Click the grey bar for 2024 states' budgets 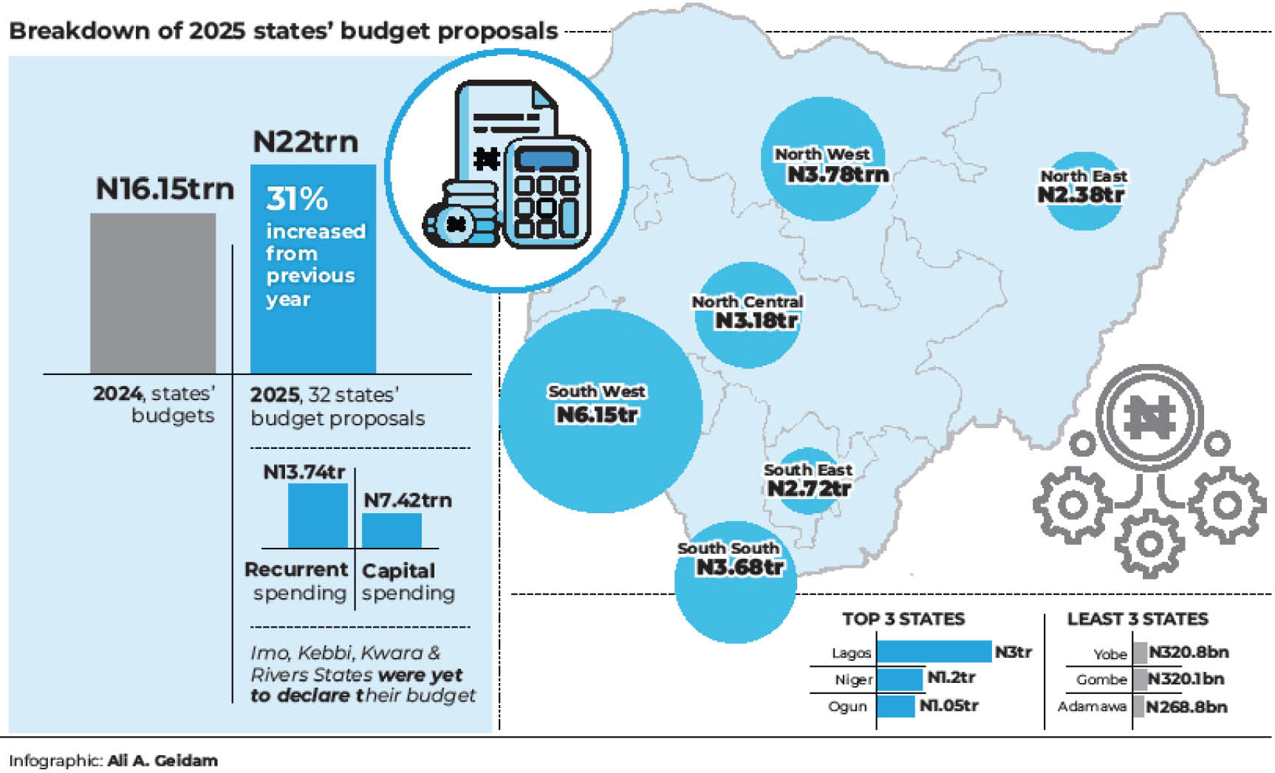(x=153, y=293)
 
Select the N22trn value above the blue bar (x=305, y=142)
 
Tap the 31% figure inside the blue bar (x=297, y=199)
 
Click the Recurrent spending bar (x=318, y=515)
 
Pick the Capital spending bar (x=392, y=530)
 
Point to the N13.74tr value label (x=304, y=472)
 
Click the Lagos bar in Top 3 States (x=934, y=651)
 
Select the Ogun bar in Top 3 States (x=895, y=706)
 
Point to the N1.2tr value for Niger (x=951, y=677)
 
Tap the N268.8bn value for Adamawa (x=1186, y=707)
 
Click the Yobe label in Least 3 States (x=1110, y=653)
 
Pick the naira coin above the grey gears (x=1149, y=418)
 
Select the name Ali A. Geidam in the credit (x=163, y=760)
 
